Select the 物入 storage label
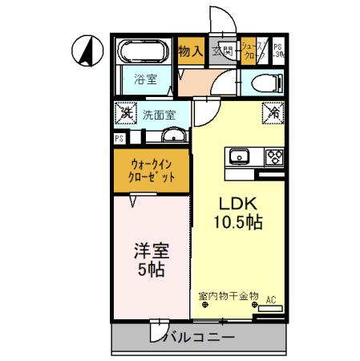click(x=189, y=51)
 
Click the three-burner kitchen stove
click(x=274, y=156)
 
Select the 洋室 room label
click(x=151, y=250)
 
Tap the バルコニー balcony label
click(x=200, y=337)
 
